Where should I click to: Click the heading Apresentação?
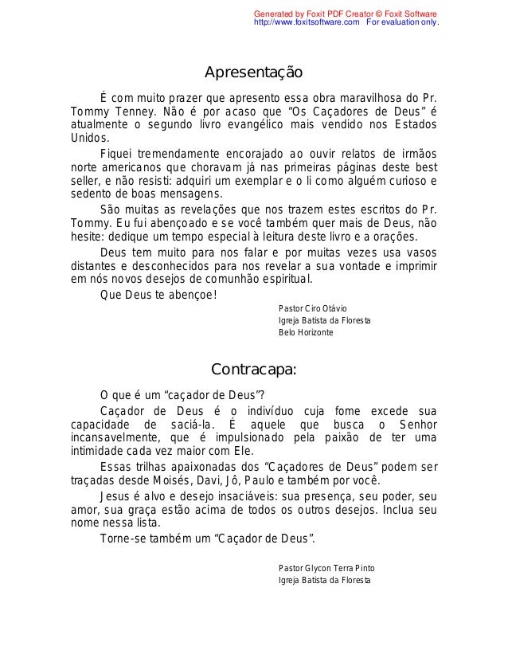click(x=253, y=73)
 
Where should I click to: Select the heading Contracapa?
click(x=253, y=370)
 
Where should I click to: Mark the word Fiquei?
click(x=117, y=153)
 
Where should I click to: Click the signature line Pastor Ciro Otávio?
click(x=307, y=308)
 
